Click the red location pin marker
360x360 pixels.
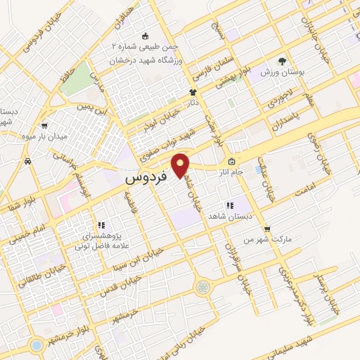click(x=181, y=165)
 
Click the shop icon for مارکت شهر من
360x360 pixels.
click(x=266, y=229)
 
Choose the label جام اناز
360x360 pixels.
click(x=249, y=171)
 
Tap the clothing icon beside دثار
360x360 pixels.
click(x=192, y=92)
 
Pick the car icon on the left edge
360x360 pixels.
click(x=27, y=162)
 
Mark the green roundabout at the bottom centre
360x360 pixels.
click(x=202, y=287)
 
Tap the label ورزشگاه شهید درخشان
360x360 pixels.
click(x=146, y=61)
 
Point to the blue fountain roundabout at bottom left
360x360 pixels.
click(x=35, y=345)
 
